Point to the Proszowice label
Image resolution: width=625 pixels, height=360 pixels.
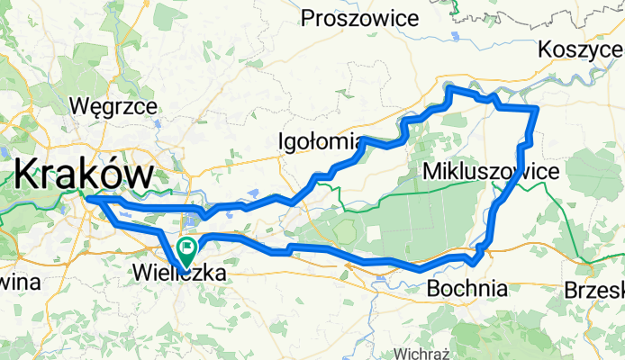click(x=361, y=17)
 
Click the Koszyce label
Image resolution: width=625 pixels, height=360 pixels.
click(x=580, y=50)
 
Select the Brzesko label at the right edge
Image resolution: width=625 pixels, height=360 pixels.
click(x=594, y=290)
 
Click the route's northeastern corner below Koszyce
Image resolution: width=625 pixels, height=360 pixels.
click(x=537, y=109)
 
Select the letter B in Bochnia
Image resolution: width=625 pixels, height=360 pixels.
click(x=433, y=289)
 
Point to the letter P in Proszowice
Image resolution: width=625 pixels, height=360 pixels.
click(x=308, y=17)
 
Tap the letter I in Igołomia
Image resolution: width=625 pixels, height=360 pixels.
click(x=283, y=141)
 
